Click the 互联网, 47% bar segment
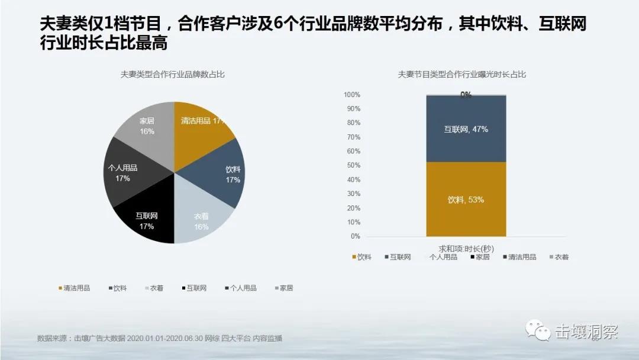tap(466, 128)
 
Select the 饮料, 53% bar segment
tap(466, 200)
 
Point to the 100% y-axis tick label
tap(351, 95)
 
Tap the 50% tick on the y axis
tap(353, 165)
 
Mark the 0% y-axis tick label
tap(355, 236)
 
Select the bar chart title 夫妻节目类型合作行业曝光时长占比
tap(462, 75)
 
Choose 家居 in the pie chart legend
tap(286, 288)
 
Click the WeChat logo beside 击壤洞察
tap(538, 332)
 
